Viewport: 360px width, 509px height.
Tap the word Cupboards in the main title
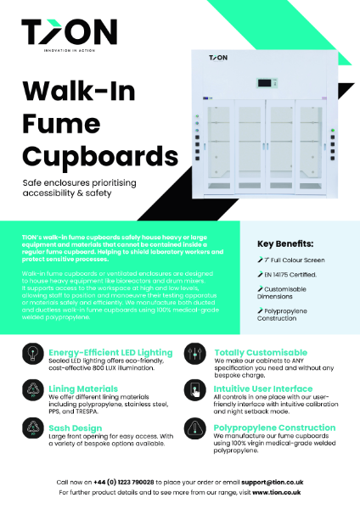100,156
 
